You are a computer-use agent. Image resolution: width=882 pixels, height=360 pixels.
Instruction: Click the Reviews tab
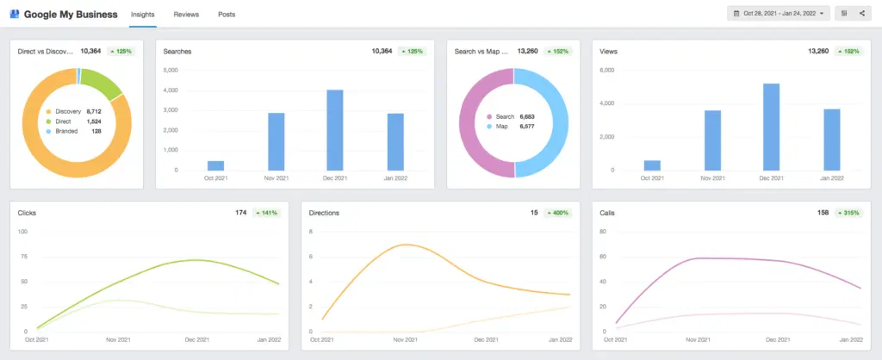pyautogui.click(x=186, y=15)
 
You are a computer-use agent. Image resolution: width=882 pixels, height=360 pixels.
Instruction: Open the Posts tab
pyautogui.click(x=227, y=15)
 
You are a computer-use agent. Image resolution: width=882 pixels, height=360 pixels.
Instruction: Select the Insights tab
pyautogui.click(x=143, y=15)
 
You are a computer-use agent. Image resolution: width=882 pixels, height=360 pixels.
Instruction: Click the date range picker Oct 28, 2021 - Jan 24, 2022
pyautogui.click(x=779, y=14)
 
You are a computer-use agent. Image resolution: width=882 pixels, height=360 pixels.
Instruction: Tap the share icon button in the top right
pyautogui.click(x=862, y=14)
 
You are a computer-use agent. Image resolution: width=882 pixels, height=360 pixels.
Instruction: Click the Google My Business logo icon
pyautogui.click(x=15, y=15)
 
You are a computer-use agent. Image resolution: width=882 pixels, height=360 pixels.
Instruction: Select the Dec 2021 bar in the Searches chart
pyautogui.click(x=334, y=129)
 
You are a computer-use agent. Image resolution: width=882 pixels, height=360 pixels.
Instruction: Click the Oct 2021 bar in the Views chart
pyautogui.click(x=652, y=164)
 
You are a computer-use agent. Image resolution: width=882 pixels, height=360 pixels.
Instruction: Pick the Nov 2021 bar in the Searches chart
pyautogui.click(x=276, y=141)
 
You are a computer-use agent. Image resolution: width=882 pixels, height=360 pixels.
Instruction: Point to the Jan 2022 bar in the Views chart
pyautogui.click(x=831, y=139)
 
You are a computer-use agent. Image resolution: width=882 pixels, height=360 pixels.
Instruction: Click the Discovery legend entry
pyautogui.click(x=67, y=111)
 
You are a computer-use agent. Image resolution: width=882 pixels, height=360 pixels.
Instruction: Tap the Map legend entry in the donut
pyautogui.click(x=501, y=126)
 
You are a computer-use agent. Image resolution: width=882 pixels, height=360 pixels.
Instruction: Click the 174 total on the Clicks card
pyautogui.click(x=241, y=212)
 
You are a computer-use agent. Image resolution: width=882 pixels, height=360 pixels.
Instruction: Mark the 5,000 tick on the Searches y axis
pyautogui.click(x=170, y=70)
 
